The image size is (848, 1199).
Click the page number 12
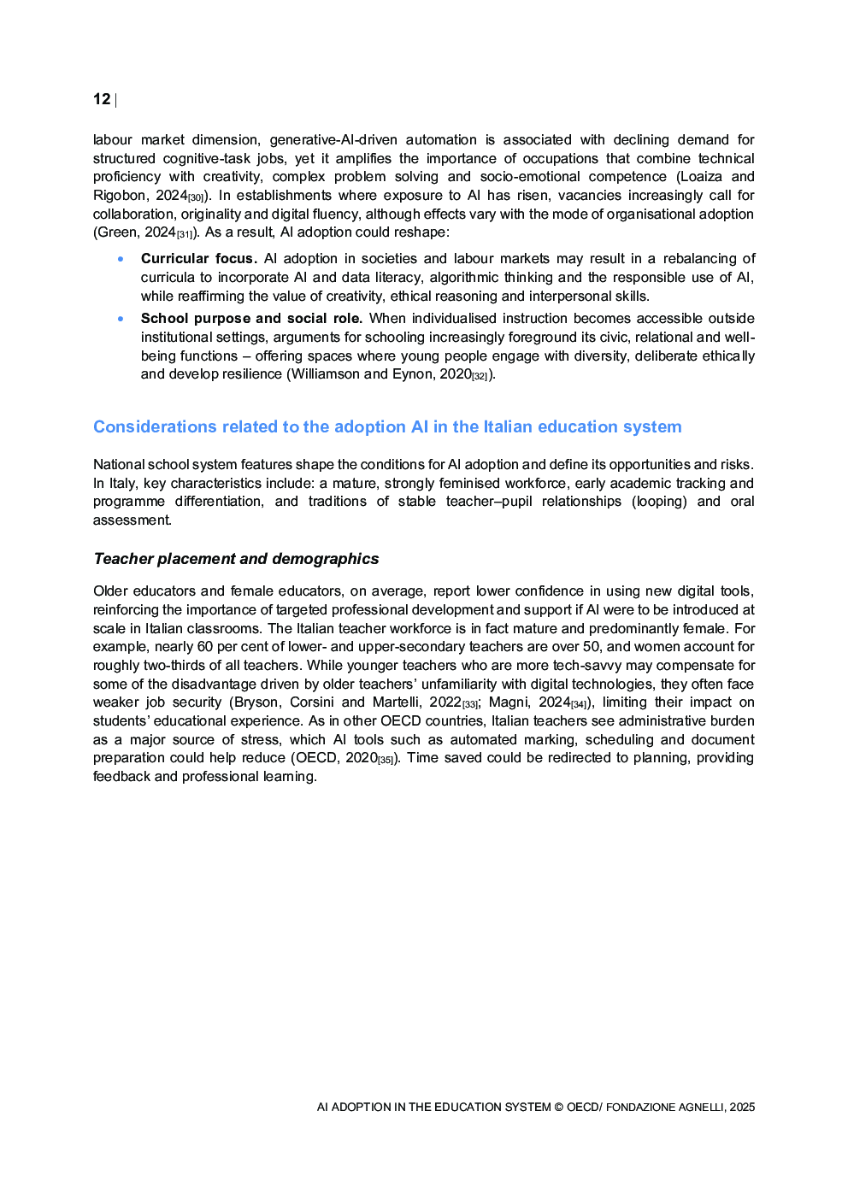tap(102, 99)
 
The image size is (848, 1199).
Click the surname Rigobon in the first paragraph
tap(120, 195)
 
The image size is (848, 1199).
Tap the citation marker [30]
tap(196, 198)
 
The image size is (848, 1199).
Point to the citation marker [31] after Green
tap(185, 235)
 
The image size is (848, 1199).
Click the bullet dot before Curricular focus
tap(121, 258)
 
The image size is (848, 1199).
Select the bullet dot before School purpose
tap(121, 318)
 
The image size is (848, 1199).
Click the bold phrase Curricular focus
tap(198, 258)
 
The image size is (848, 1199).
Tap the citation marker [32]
tap(480, 377)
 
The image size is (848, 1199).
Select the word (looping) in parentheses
tap(659, 501)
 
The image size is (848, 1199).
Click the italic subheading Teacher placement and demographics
tap(236, 558)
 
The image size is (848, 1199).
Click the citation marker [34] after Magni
tap(580, 705)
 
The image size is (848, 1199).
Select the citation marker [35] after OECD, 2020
tap(386, 761)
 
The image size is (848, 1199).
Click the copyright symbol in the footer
tap(558, 1107)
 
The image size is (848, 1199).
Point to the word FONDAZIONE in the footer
tap(640, 1107)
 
